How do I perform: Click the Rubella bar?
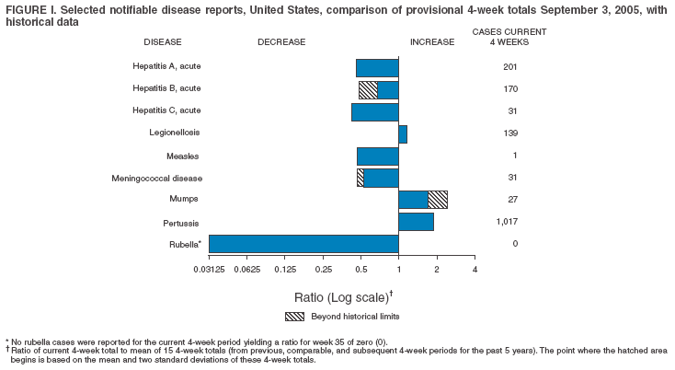(x=303, y=243)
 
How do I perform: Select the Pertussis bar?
(x=416, y=222)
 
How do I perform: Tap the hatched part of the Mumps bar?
(x=438, y=200)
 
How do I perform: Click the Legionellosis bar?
(x=403, y=134)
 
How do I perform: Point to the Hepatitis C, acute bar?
(x=375, y=112)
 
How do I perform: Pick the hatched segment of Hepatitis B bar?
(x=368, y=90)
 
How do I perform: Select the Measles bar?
(x=378, y=156)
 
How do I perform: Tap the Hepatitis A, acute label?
(x=166, y=67)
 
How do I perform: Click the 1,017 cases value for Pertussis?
(x=509, y=222)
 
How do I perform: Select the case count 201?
(x=509, y=67)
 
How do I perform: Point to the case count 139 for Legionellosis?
(x=509, y=134)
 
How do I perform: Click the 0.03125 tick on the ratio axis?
(x=209, y=269)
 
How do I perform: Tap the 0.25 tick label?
(x=323, y=269)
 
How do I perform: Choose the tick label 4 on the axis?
(x=475, y=269)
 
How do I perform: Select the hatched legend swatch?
(x=295, y=316)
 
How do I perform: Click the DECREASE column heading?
(x=281, y=42)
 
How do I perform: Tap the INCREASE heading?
(x=432, y=42)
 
